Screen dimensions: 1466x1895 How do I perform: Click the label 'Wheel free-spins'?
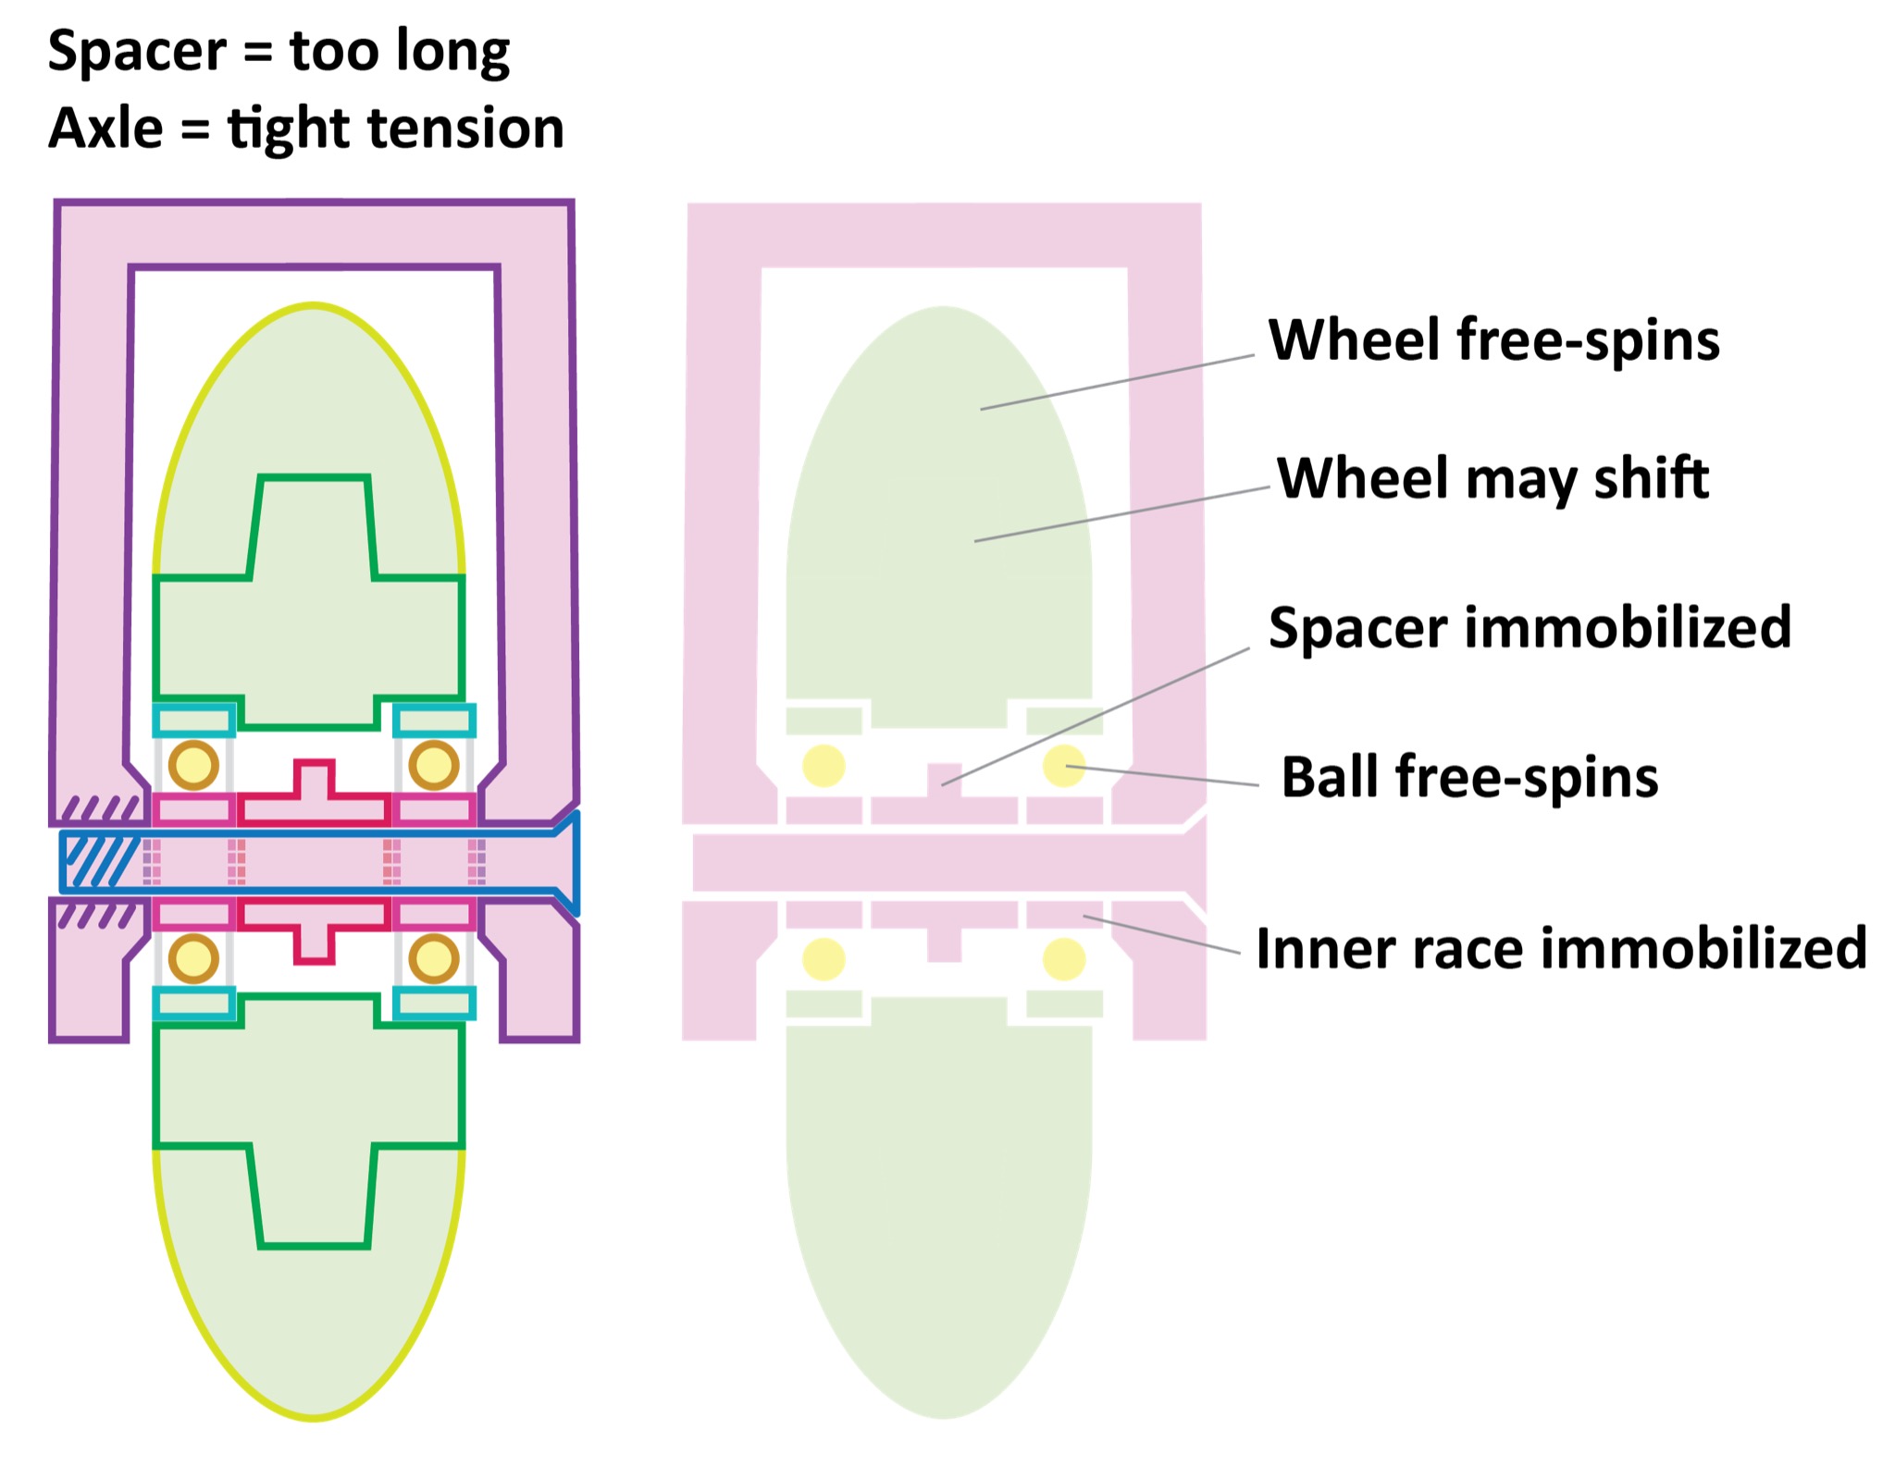[x=1493, y=340]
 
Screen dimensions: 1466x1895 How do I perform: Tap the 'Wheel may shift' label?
[x=1492, y=478]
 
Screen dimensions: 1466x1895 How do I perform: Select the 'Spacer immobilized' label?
[x=1530, y=628]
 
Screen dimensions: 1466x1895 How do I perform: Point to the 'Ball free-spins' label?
[x=1469, y=777]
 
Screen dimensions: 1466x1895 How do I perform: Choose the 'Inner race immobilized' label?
[x=1561, y=948]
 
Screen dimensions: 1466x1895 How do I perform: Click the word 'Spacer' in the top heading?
[x=136, y=51]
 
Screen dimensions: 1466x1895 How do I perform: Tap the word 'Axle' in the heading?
[x=105, y=128]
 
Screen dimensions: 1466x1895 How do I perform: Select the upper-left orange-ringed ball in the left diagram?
[x=193, y=765]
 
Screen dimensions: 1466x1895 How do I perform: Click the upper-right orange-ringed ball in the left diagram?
[x=434, y=765]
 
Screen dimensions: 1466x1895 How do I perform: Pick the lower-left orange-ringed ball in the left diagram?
[x=193, y=959]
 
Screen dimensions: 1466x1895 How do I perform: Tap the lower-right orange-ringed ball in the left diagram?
[x=434, y=959]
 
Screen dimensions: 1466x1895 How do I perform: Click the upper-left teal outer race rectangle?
[x=193, y=721]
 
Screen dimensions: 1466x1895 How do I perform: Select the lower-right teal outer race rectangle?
[x=434, y=1004]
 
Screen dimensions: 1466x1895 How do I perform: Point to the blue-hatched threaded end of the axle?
[x=97, y=861]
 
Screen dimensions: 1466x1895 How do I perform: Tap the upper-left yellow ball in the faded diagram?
[x=824, y=766]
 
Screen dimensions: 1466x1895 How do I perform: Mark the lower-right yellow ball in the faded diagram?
[x=1064, y=959]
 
